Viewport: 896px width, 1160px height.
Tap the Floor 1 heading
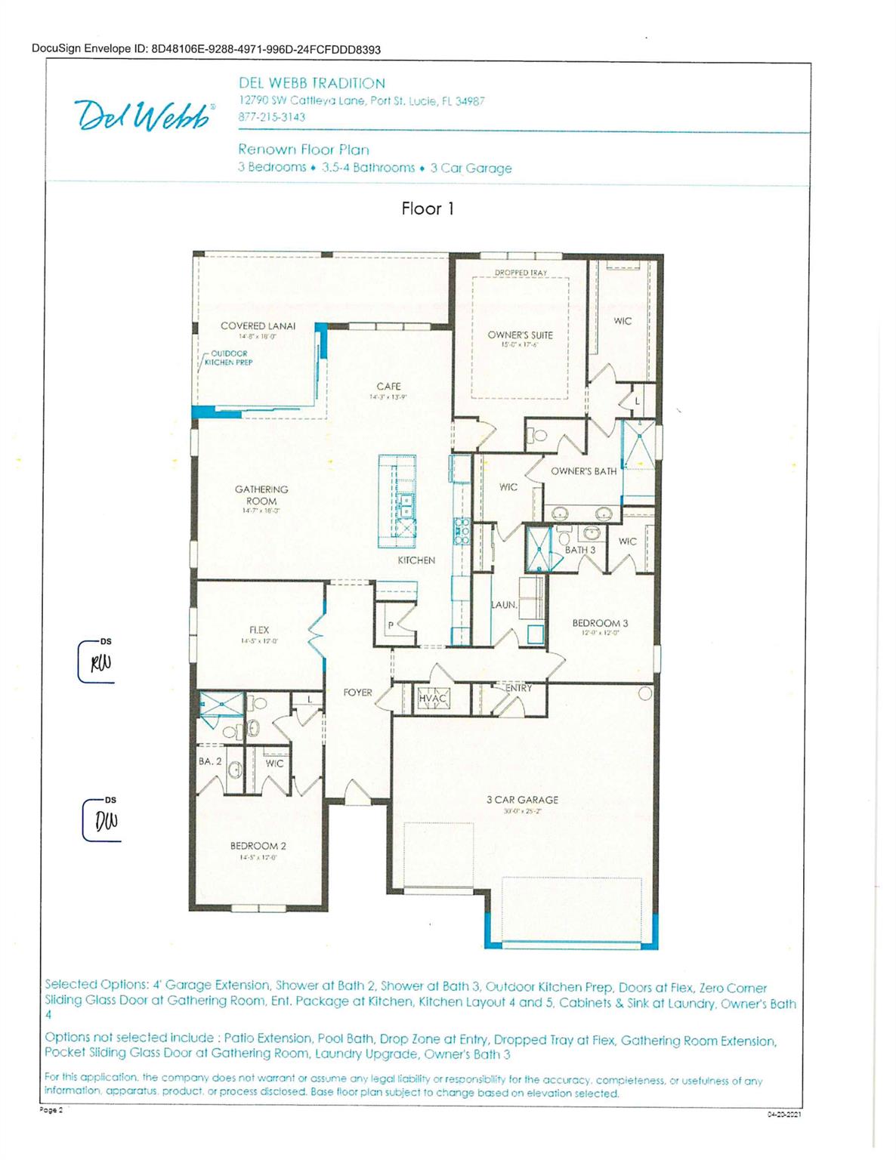point(428,209)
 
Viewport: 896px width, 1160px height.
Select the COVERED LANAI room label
point(258,326)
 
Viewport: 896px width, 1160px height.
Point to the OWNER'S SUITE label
point(520,335)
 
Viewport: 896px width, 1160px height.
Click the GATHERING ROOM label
point(261,495)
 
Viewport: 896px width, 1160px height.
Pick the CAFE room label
point(388,387)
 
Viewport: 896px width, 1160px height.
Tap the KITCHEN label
point(416,560)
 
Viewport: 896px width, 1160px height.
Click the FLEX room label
point(259,630)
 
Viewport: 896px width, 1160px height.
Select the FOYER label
point(357,693)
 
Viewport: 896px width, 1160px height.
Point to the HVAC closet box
point(434,699)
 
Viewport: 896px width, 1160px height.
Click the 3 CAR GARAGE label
point(522,800)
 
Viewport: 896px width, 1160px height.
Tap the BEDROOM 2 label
point(258,846)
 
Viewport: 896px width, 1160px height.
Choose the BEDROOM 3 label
point(600,623)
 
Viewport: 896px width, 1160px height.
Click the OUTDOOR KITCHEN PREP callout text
point(229,358)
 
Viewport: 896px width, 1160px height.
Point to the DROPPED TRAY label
point(521,273)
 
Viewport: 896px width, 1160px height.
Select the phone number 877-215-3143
point(272,117)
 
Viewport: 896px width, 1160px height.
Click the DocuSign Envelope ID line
point(206,50)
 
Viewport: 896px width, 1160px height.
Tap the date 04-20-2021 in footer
point(783,1114)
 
